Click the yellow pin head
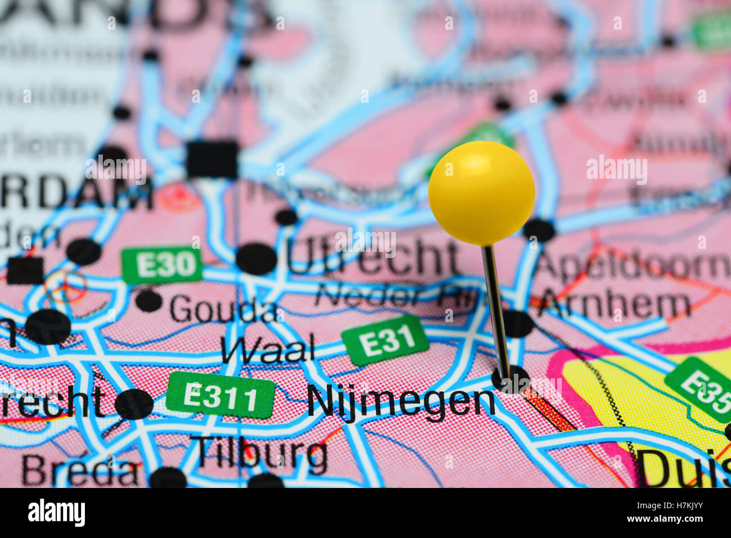(x=481, y=193)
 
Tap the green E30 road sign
(x=161, y=265)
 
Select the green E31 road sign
(x=386, y=340)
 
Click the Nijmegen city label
(x=401, y=403)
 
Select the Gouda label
(x=223, y=310)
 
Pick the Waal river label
(x=268, y=349)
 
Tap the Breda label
(x=80, y=471)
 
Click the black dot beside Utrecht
(x=256, y=259)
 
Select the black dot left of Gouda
(x=148, y=300)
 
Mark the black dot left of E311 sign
(x=134, y=404)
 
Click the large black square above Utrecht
(x=212, y=159)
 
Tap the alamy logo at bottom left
(x=56, y=513)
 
